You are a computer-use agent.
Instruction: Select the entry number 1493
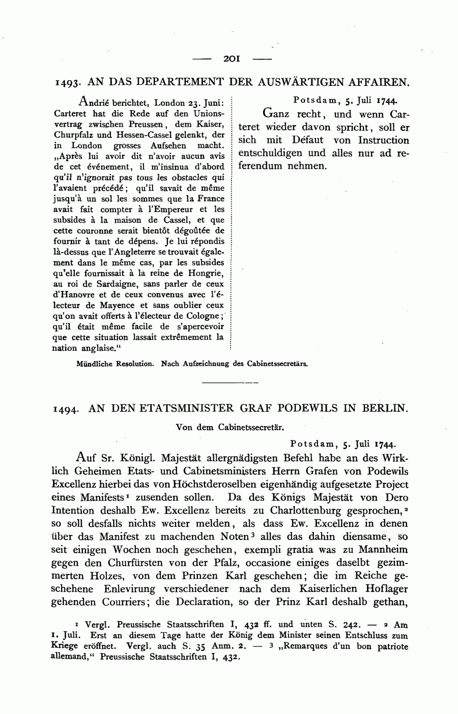(x=68, y=82)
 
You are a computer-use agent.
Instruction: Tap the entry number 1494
(x=68, y=409)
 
